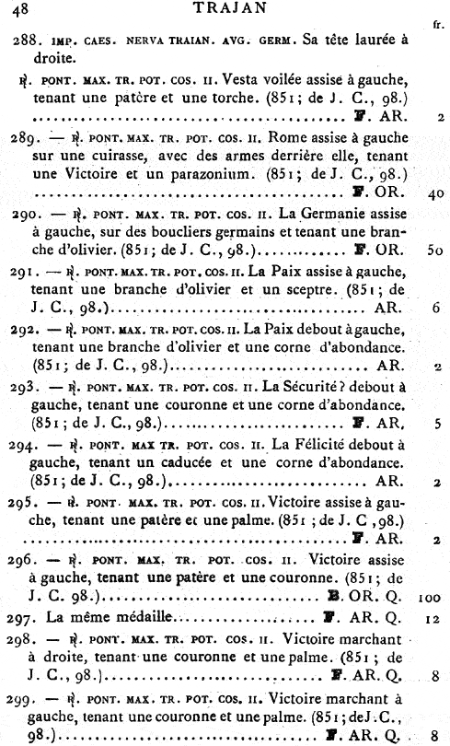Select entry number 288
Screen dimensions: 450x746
click(27, 42)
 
